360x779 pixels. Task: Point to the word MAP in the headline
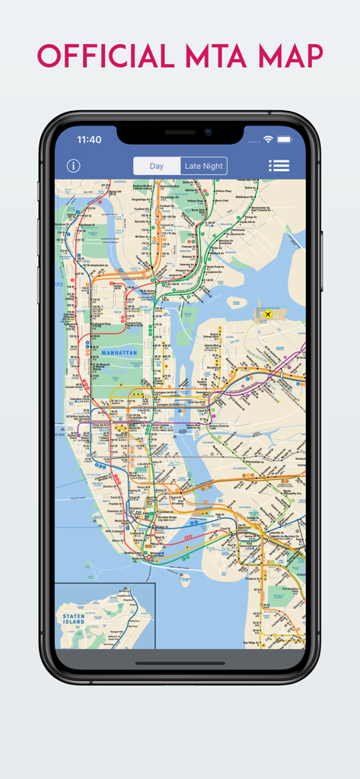(285, 57)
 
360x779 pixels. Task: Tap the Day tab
(156, 166)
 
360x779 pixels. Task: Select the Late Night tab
(203, 166)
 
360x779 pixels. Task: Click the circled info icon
(73, 166)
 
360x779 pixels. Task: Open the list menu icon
(279, 166)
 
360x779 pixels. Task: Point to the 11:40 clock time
(89, 140)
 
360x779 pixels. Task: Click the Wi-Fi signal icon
(268, 140)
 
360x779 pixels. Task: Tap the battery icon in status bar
(285, 140)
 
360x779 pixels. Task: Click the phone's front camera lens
(207, 132)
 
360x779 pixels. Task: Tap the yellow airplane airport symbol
(267, 313)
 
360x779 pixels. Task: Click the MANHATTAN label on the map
(118, 353)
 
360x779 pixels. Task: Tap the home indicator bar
(180, 663)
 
